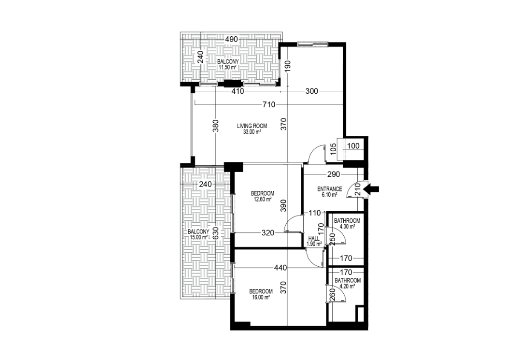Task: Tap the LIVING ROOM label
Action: tap(252, 126)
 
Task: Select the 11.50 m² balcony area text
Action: tap(227, 68)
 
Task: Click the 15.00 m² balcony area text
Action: tap(198, 237)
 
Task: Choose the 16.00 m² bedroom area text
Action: tap(261, 297)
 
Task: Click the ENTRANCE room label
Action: tap(330, 189)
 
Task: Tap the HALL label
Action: tap(314, 238)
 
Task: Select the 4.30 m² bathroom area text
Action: tap(347, 227)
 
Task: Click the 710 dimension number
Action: tap(269, 104)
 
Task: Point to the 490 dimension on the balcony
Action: tap(231, 39)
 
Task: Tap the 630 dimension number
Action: tap(215, 233)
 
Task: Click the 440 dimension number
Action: tap(280, 268)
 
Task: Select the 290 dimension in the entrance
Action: tap(334, 174)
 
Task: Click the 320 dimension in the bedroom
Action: tap(268, 233)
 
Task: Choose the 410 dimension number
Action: tap(238, 91)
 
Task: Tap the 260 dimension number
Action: tap(332, 295)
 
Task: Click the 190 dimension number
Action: tap(287, 67)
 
